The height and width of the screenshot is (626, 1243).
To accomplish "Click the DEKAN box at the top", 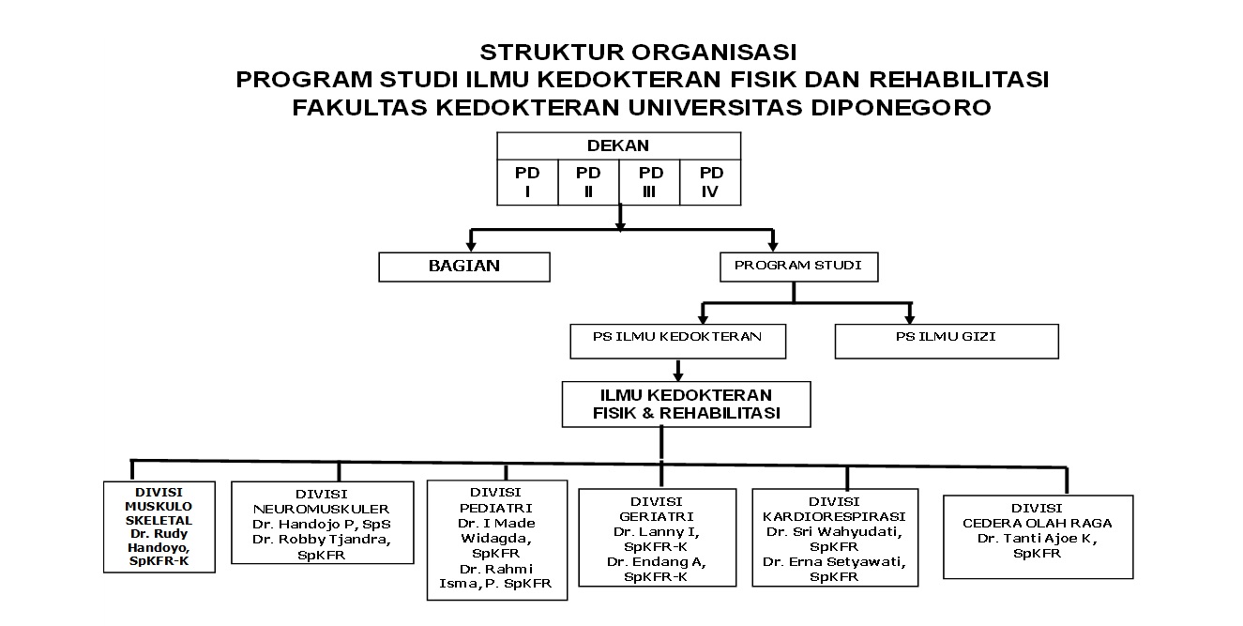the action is [619, 146].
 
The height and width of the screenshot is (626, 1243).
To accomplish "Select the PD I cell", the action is [527, 183].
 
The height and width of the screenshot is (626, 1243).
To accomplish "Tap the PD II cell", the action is [588, 183].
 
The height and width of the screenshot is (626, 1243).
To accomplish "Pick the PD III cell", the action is [649, 183].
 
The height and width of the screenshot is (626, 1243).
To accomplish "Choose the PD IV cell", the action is [710, 183].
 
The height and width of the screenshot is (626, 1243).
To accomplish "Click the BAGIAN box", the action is [464, 267].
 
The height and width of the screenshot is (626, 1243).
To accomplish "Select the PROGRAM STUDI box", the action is [799, 267].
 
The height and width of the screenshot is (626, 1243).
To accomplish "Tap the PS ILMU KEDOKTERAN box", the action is [678, 342].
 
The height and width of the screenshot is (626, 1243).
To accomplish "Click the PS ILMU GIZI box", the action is [947, 342].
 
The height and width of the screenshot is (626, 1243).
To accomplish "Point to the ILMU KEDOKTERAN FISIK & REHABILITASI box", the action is [687, 404].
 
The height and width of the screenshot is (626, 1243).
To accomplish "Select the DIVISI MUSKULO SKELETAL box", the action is [159, 527].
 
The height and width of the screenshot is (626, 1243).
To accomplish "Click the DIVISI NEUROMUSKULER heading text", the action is [321, 501].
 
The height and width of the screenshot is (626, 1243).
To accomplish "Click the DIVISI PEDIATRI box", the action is [497, 540].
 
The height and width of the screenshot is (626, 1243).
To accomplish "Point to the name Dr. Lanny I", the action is [655, 531].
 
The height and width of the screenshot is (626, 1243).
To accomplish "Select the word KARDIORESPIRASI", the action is [834, 517].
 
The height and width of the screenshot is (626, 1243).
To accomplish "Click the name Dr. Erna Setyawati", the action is [832, 561].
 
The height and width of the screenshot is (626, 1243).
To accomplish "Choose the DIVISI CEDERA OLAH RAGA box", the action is [1038, 537].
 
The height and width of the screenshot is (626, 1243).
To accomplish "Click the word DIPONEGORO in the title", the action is [902, 108].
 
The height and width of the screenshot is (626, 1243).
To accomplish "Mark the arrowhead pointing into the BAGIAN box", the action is [471, 246].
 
